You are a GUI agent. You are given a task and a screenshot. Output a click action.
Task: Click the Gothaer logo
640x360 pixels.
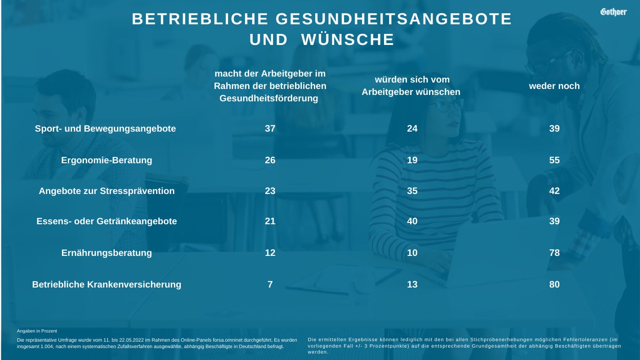tap(613, 12)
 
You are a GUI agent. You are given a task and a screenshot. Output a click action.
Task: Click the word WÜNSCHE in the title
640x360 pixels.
tap(347, 40)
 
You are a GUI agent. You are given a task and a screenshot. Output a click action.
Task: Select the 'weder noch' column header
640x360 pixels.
tap(554, 86)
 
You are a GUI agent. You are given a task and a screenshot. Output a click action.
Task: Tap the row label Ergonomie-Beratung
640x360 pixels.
tap(106, 161)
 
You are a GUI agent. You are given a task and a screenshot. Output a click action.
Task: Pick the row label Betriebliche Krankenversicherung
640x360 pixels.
tap(106, 284)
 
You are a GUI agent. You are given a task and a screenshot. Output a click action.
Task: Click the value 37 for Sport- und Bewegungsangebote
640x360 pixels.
tap(270, 128)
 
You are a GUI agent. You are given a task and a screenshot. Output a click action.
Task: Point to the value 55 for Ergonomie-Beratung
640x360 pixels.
tap(554, 161)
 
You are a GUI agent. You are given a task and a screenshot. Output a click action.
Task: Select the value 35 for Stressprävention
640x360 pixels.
tap(412, 191)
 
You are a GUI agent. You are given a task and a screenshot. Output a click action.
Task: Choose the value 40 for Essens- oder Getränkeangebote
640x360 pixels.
tap(412, 221)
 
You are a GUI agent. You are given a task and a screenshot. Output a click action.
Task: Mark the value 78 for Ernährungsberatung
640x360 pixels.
tap(554, 253)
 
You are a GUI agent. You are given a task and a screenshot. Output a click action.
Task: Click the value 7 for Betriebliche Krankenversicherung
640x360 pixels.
tap(270, 284)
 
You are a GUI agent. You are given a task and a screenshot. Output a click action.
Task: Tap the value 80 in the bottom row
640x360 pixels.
tap(554, 284)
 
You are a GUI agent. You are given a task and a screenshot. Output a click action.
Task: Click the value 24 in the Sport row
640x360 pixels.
tap(412, 128)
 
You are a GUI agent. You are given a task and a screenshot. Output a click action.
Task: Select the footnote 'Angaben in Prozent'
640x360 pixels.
tap(37, 331)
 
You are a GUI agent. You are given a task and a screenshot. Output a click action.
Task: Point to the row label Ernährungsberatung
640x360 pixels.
tap(106, 253)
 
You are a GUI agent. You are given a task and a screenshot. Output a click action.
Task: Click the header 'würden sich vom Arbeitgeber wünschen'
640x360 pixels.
tap(411, 86)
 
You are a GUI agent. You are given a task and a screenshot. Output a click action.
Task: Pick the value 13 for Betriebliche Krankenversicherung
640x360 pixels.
tap(412, 284)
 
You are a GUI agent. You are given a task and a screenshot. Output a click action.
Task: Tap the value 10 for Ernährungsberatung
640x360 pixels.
tap(412, 253)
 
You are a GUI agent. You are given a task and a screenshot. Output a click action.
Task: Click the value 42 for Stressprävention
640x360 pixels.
tap(554, 191)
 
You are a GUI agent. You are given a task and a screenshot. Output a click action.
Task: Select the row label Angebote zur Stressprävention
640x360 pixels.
tap(106, 191)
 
